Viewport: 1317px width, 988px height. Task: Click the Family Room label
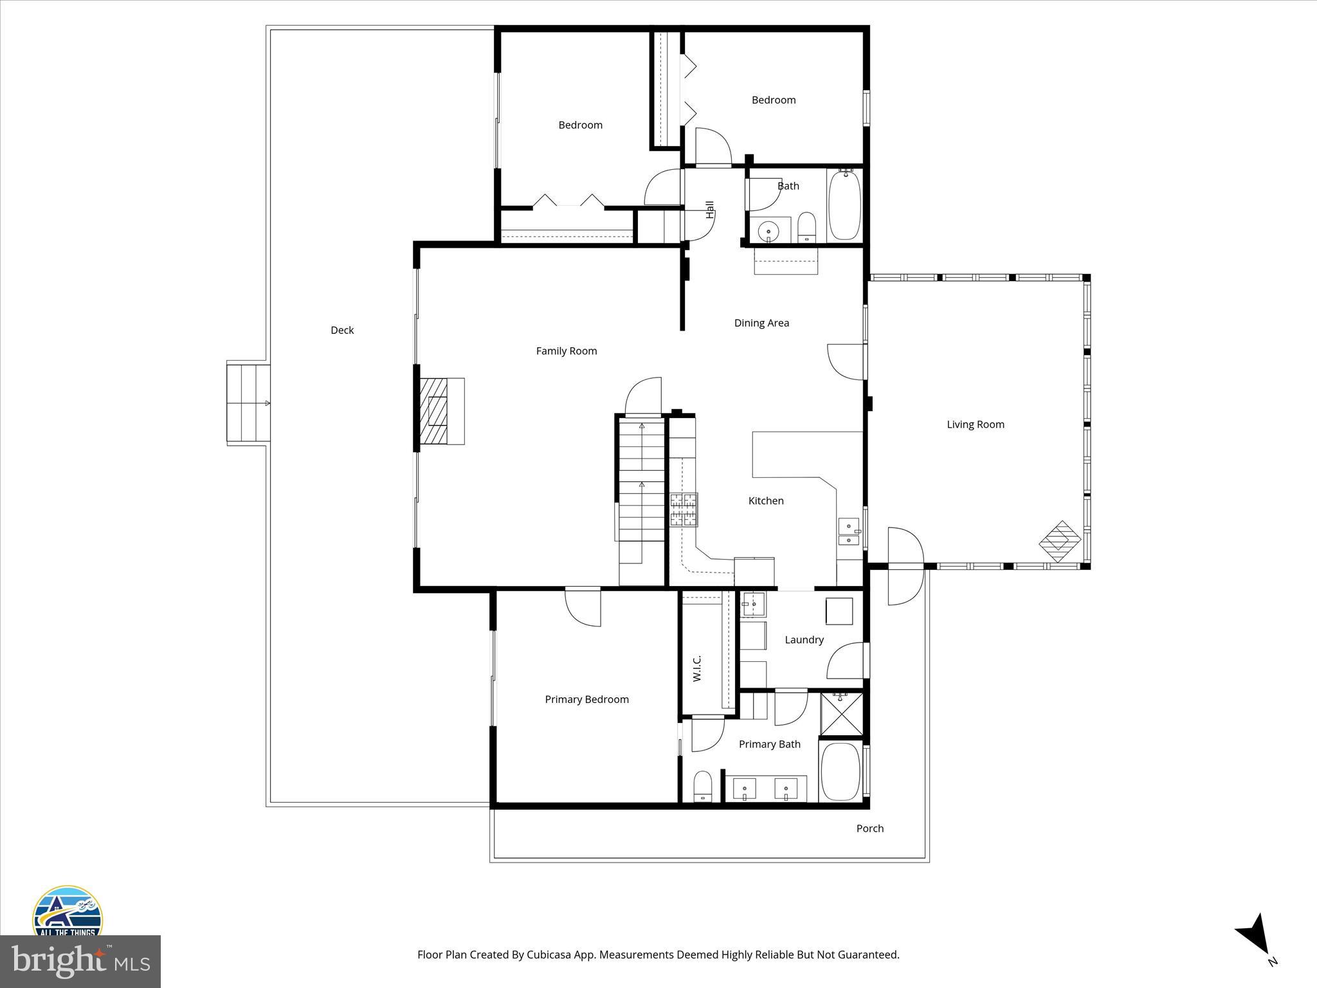[566, 351]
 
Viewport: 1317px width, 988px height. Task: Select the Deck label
[342, 330]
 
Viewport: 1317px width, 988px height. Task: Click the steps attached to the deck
[248, 403]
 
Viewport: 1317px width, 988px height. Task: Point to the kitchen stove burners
[684, 510]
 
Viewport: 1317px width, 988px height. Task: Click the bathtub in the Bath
[844, 205]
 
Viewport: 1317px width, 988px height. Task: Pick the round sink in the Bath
[768, 230]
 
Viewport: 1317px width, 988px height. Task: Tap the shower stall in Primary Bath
[842, 713]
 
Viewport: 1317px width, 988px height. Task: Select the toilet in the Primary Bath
[703, 786]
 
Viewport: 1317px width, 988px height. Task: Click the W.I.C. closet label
[697, 668]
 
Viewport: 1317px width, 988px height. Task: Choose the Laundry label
[804, 639]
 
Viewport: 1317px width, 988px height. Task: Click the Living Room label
[975, 424]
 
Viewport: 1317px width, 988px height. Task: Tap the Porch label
[869, 828]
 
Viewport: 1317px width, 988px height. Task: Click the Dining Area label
[761, 323]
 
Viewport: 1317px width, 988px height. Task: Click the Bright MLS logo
[80, 961]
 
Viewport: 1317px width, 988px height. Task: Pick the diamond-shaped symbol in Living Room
[1060, 541]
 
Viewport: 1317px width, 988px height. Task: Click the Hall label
[710, 210]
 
